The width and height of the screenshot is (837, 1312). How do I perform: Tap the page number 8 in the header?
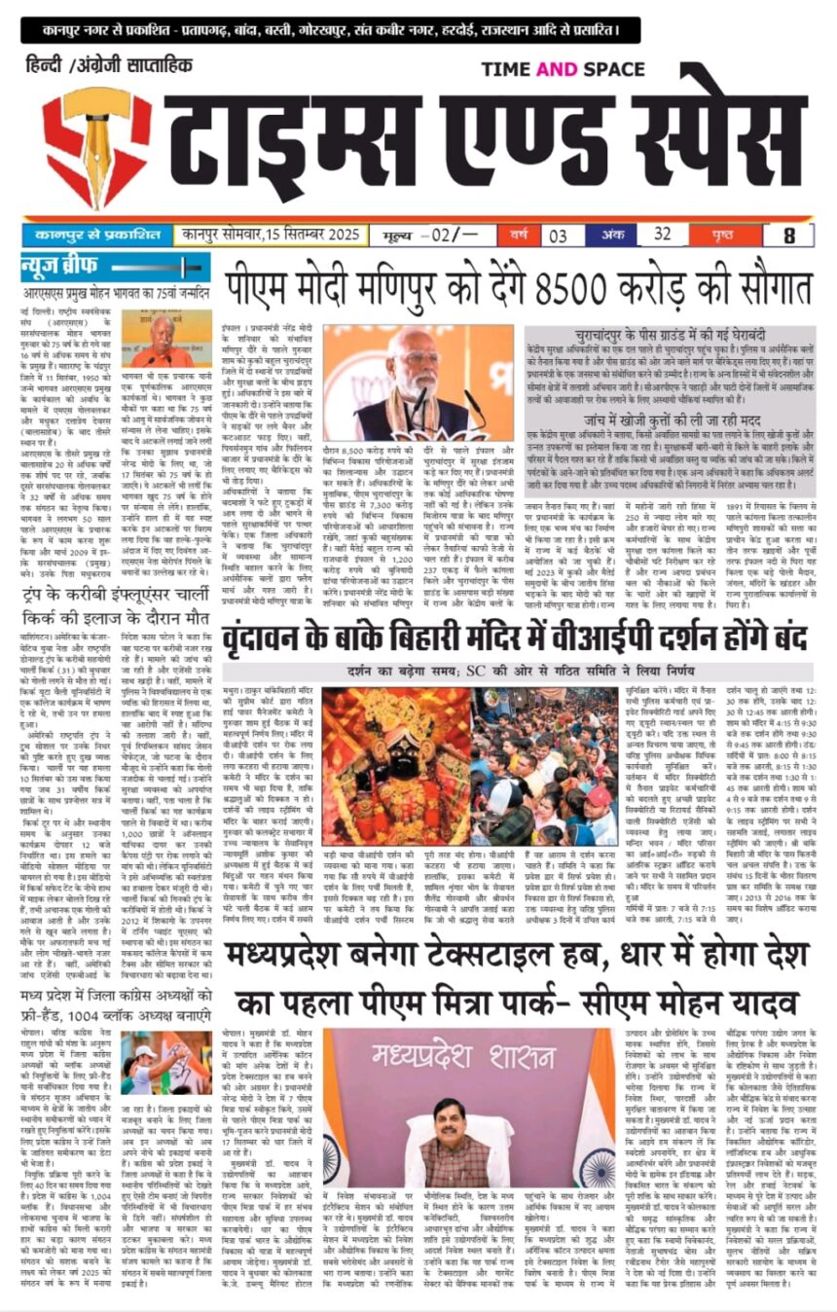pyautogui.click(x=789, y=236)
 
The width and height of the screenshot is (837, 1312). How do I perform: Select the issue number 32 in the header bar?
pyautogui.click(x=663, y=235)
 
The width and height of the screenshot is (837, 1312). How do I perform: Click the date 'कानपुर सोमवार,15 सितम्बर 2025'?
pyautogui.click(x=272, y=235)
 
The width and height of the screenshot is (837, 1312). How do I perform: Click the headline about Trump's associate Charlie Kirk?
pyautogui.click(x=113, y=605)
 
